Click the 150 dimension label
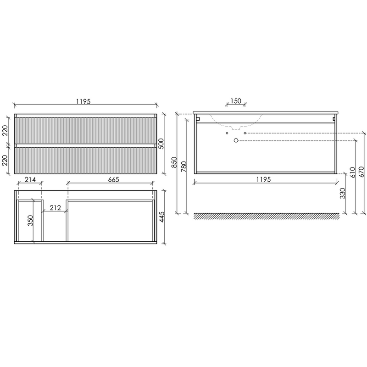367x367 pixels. [x=236, y=101]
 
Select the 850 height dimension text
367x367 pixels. [x=174, y=162]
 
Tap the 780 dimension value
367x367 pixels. [x=184, y=167]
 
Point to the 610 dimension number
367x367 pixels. [x=353, y=172]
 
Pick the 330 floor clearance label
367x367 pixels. [x=343, y=193]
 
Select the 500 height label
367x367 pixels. [x=161, y=144]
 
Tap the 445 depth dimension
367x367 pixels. [x=162, y=217]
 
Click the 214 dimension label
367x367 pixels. [x=30, y=179]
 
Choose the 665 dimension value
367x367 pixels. [x=113, y=179]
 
